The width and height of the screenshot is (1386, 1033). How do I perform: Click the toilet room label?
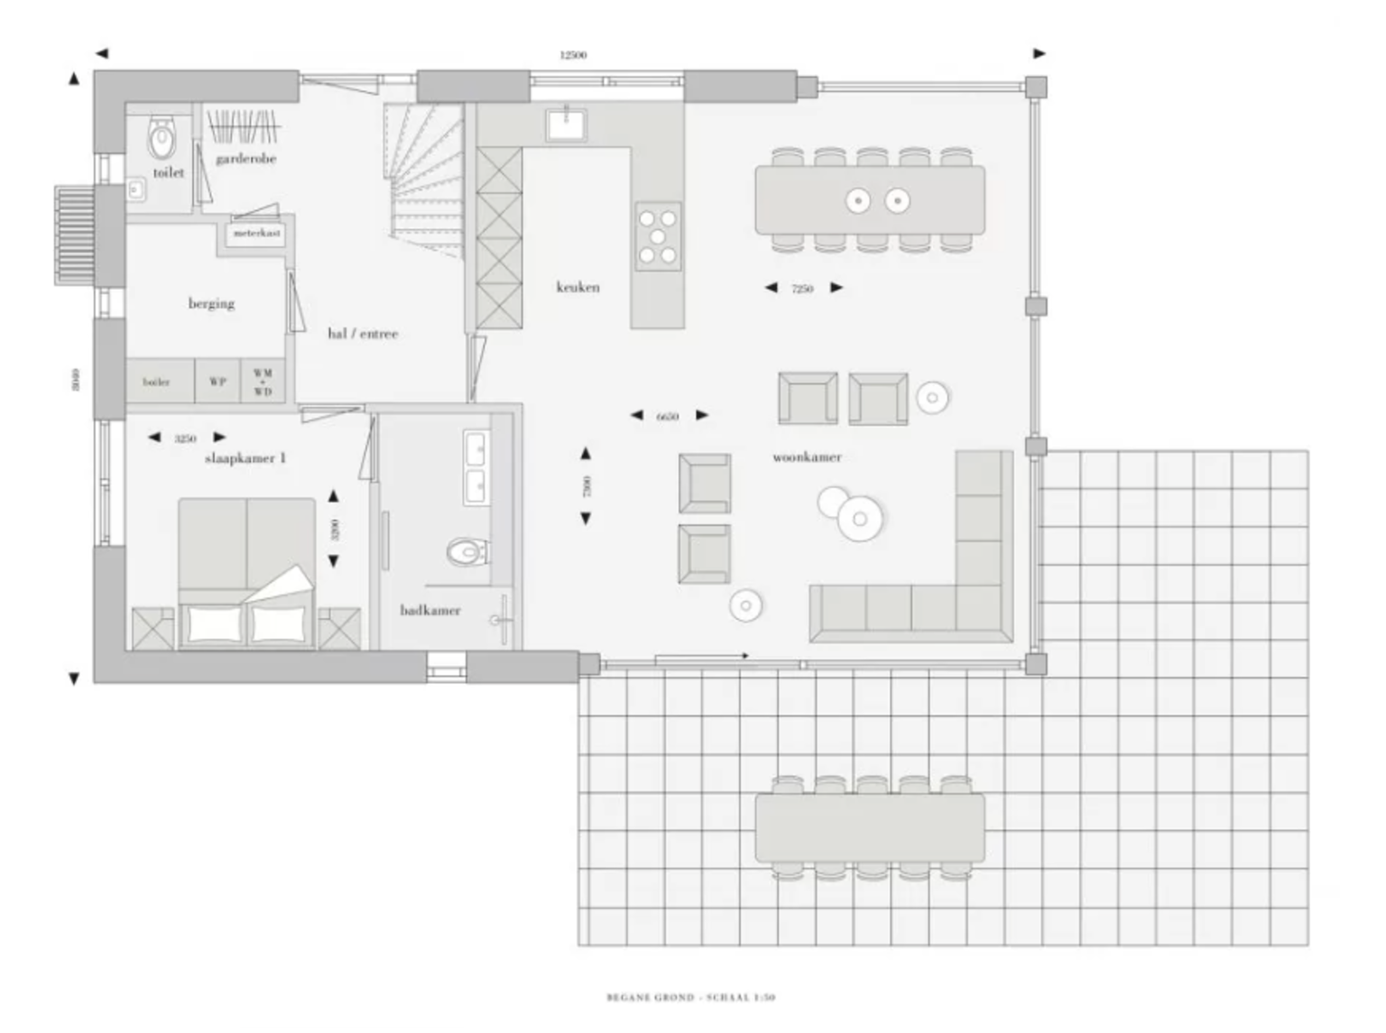pyautogui.click(x=169, y=172)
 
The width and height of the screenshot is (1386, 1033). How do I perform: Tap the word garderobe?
pyautogui.click(x=245, y=159)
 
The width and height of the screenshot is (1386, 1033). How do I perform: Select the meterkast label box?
pyautogui.click(x=256, y=234)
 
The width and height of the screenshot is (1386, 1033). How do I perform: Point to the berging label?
pyautogui.click(x=211, y=303)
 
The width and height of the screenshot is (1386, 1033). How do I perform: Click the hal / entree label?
pyautogui.click(x=362, y=334)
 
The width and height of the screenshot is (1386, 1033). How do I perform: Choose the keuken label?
pyautogui.click(x=577, y=287)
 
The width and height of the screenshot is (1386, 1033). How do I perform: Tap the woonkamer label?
pyautogui.click(x=807, y=457)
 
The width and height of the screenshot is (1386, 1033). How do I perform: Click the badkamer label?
pyautogui.click(x=430, y=611)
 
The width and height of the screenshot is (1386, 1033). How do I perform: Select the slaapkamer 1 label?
pyautogui.click(x=245, y=458)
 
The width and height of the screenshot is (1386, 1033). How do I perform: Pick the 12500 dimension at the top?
pyautogui.click(x=573, y=55)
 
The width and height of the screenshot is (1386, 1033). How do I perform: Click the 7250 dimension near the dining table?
pyautogui.click(x=802, y=289)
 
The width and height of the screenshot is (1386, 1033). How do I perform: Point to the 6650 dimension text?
pyautogui.click(x=668, y=417)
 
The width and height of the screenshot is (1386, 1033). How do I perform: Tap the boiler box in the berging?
pyautogui.click(x=157, y=382)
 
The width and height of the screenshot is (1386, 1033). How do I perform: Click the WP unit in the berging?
pyautogui.click(x=217, y=382)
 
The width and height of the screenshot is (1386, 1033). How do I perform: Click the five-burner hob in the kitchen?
pyautogui.click(x=658, y=236)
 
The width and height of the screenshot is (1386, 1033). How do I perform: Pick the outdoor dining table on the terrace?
pyautogui.click(x=870, y=827)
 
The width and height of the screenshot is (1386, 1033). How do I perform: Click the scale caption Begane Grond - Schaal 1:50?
pyautogui.click(x=690, y=997)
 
